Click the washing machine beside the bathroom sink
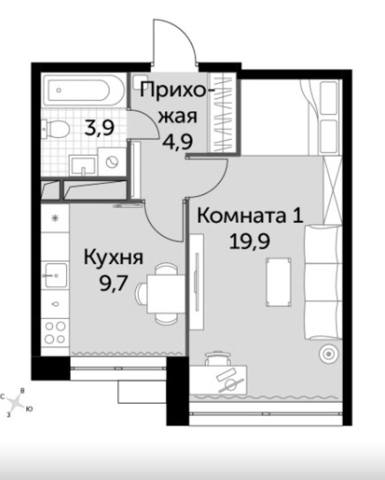click(x=112, y=162)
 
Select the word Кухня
click(x=113, y=258)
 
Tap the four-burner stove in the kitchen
click(x=55, y=332)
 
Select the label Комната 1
click(x=250, y=216)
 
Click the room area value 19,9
click(x=250, y=242)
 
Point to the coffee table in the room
click(x=279, y=282)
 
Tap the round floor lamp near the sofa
click(x=329, y=354)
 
